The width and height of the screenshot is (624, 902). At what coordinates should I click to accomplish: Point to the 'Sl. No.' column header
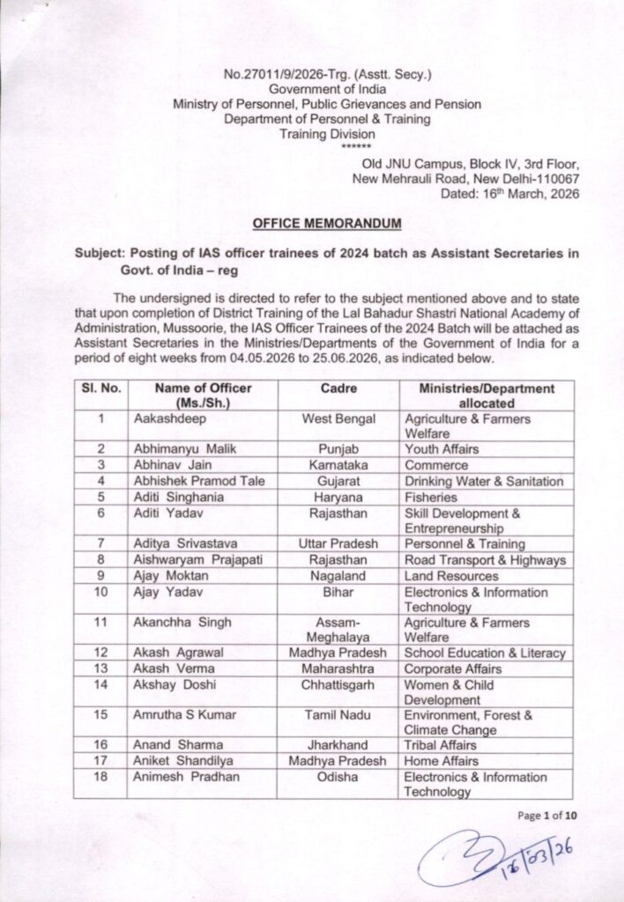point(101,388)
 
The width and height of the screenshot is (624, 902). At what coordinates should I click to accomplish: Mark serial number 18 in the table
point(101,777)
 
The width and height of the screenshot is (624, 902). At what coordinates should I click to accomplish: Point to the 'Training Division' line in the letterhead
point(326,134)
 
